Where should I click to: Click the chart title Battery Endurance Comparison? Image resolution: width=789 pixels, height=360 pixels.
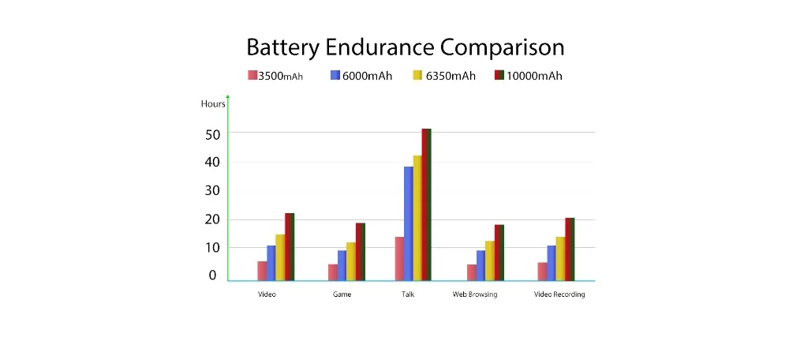[x=405, y=47]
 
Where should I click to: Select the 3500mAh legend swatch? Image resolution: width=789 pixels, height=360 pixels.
[x=252, y=76]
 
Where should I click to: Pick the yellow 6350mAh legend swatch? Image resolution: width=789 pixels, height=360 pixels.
[x=417, y=76]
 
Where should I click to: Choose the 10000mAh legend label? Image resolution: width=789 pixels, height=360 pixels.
[x=533, y=76]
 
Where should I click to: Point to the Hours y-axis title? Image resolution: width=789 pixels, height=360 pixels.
[x=213, y=103]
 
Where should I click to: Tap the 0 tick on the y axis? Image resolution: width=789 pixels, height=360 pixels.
[x=212, y=276]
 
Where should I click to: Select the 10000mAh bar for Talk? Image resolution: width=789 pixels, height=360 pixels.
[x=427, y=204]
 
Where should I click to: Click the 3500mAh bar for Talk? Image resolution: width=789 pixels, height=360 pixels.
[x=399, y=258]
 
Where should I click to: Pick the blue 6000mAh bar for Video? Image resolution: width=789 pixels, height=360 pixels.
[x=271, y=263]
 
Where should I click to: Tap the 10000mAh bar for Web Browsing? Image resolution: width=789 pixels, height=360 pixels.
[x=499, y=253]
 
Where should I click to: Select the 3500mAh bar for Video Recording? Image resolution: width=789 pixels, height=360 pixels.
[x=542, y=271]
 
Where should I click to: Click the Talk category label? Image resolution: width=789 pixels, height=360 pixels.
[x=407, y=294]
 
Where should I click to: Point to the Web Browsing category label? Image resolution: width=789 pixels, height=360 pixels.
[x=475, y=294]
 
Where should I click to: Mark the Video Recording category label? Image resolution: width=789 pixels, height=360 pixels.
[x=559, y=294]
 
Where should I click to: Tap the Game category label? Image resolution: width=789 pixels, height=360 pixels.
[x=342, y=294]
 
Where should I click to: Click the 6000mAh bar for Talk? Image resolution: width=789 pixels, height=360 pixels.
[x=408, y=223]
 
